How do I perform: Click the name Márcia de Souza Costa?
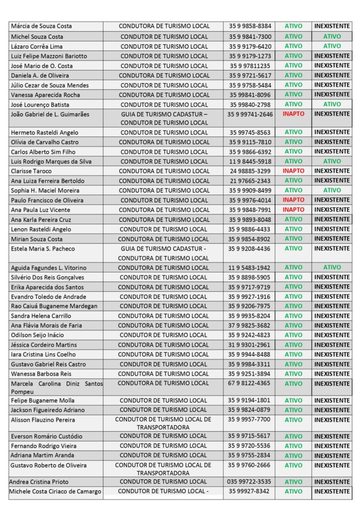[41, 26]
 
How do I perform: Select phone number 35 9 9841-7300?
[250, 36]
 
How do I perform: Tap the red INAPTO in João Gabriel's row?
[293, 114]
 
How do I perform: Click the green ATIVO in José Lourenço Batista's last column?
[332, 104]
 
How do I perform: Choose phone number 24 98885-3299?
[250, 171]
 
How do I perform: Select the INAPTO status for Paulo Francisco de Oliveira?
[293, 200]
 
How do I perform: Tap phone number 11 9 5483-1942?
[250, 268]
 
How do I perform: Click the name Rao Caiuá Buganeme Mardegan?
[54, 306]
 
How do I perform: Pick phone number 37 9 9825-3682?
[250, 325]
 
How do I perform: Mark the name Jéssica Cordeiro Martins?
[44, 345]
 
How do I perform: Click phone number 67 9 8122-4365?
[250, 383]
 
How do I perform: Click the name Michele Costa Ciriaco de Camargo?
[56, 491]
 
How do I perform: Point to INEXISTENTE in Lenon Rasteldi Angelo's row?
[332, 229]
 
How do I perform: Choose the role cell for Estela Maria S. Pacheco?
[164, 253]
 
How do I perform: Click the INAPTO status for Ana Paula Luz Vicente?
[293, 210]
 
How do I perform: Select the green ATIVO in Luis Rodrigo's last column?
[332, 161]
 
